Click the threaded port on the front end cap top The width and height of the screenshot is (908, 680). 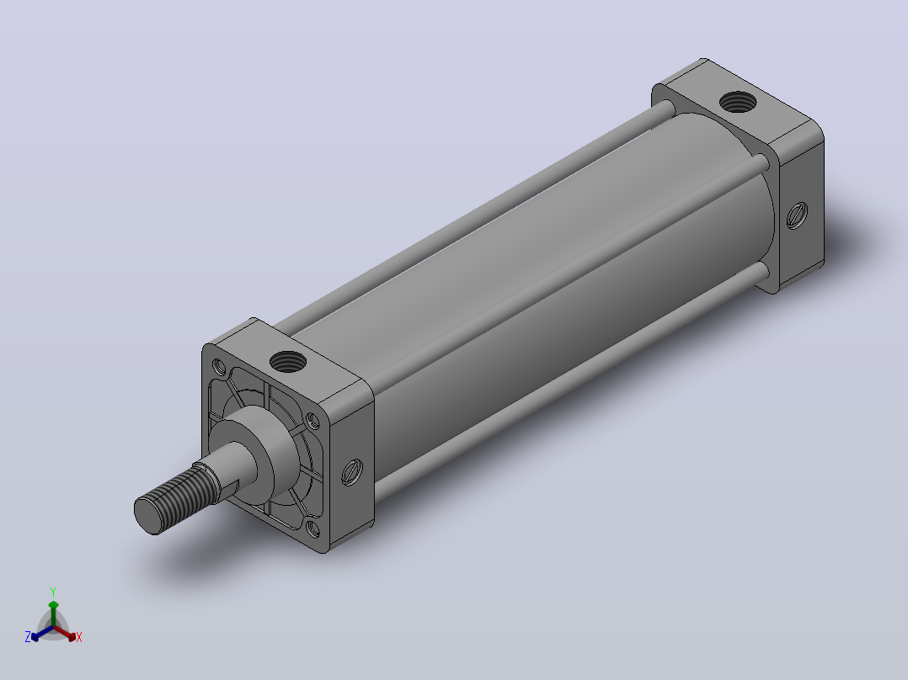(288, 362)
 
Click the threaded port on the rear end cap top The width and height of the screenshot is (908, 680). (738, 103)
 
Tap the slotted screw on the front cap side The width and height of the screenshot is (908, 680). (351, 471)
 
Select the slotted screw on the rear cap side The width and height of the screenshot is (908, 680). (798, 215)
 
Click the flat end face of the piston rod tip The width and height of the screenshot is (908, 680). (147, 515)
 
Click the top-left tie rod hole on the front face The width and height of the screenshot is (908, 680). (219, 366)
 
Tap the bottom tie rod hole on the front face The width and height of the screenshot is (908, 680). (312, 529)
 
